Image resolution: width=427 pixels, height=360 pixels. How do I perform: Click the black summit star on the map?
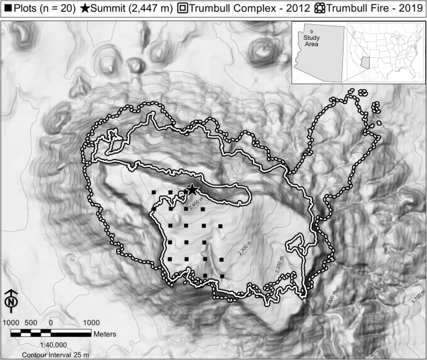point(192,189)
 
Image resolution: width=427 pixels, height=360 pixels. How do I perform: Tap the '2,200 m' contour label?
point(279,267)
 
